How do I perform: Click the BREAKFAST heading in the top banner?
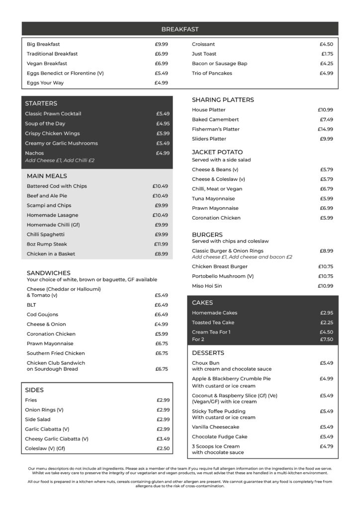(180, 29)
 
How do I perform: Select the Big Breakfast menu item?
(43, 44)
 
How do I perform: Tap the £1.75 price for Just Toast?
(327, 54)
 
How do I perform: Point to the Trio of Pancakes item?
(212, 73)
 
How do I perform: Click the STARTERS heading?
(41, 103)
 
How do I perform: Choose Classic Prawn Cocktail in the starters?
(53, 114)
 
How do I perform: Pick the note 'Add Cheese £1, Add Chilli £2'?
(60, 161)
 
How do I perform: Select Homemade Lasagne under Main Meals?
(52, 215)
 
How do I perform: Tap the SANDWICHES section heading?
(49, 273)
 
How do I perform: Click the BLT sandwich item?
(31, 305)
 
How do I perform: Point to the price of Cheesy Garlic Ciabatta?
(163, 439)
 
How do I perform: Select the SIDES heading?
(34, 390)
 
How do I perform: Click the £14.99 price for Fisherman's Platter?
(325, 129)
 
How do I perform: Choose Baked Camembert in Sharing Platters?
(215, 119)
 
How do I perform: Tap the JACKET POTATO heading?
(217, 152)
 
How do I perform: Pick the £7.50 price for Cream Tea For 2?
(326, 339)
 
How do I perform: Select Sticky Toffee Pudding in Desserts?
(219, 411)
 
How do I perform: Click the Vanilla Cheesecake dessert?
(215, 427)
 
